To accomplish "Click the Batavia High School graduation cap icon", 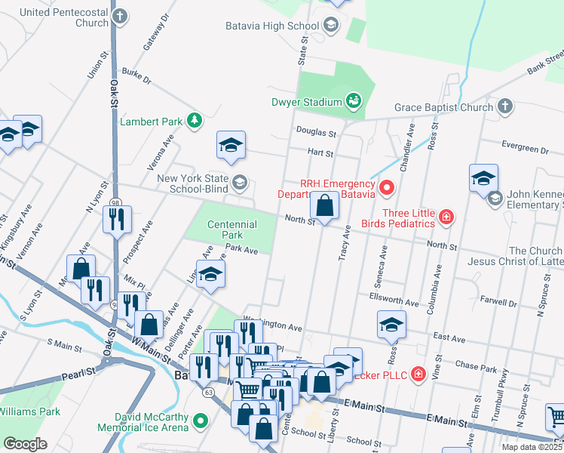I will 330,26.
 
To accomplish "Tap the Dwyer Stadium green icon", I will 353,100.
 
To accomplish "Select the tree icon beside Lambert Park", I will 195,121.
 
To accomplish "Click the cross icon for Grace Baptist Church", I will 506,107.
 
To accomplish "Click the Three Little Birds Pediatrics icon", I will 446,217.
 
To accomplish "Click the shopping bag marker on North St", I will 324,205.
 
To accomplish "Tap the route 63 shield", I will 208,392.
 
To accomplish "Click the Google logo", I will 26,444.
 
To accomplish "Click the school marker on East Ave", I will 391,325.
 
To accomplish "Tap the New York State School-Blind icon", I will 239,181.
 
